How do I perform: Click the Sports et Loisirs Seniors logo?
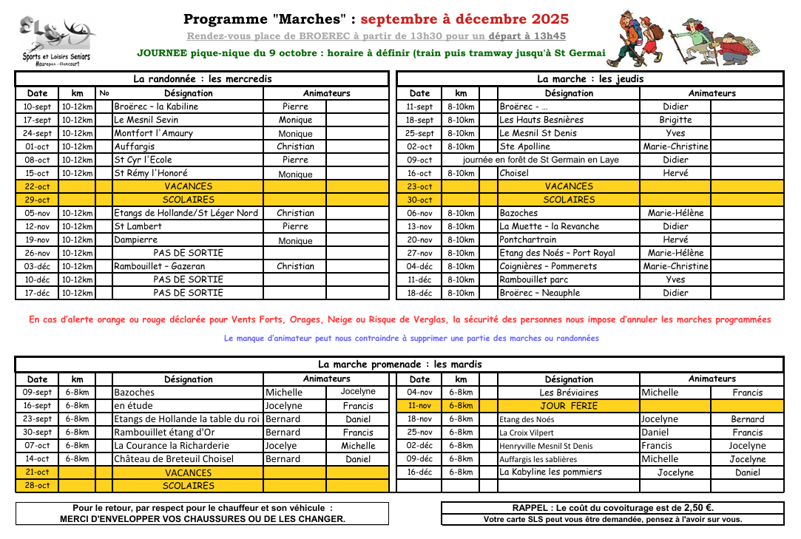coord(56,39)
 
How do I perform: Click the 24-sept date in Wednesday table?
coord(37,133)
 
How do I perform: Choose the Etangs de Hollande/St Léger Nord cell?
coord(186,213)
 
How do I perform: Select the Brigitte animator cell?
coord(675,120)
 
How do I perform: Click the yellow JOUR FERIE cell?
coord(568,406)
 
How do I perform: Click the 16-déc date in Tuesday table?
coord(419,472)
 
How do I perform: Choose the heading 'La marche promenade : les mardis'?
coord(399,364)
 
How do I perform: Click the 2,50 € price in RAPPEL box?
coord(698,508)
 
